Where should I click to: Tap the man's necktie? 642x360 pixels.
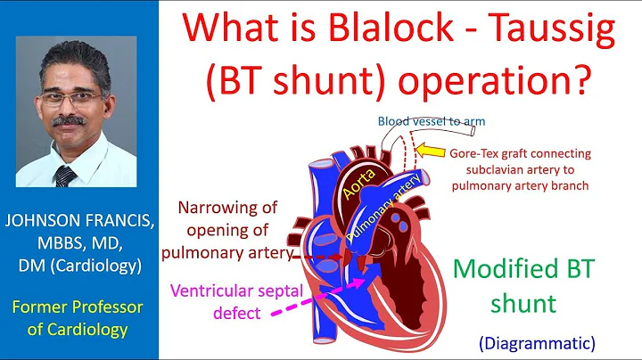pos(66,174)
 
